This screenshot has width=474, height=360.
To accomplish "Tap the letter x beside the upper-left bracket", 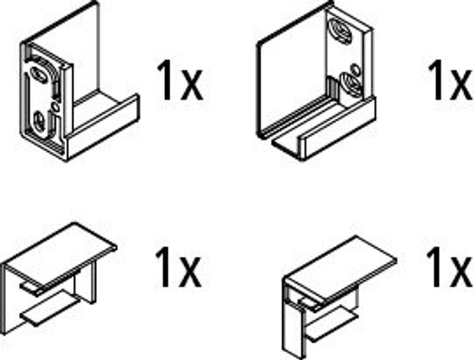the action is pyautogui.click(x=192, y=86).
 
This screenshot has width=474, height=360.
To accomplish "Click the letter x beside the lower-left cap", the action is pyautogui.click(x=190, y=273).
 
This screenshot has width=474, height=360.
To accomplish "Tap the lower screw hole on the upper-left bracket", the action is pyautogui.click(x=40, y=121).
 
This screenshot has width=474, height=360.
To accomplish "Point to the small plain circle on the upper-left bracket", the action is pyautogui.click(x=55, y=106).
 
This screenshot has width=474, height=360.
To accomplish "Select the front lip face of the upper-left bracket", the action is pyautogui.click(x=103, y=127).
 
